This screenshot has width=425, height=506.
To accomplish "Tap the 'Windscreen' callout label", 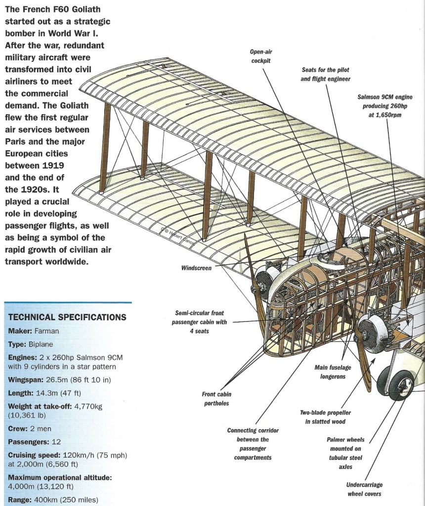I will [196, 268].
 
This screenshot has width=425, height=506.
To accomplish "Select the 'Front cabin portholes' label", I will [217, 399].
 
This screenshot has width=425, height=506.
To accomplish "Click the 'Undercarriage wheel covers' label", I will [364, 489].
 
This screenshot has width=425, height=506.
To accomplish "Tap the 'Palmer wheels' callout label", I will [345, 439].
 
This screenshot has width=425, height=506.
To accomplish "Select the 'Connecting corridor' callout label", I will [253, 430].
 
